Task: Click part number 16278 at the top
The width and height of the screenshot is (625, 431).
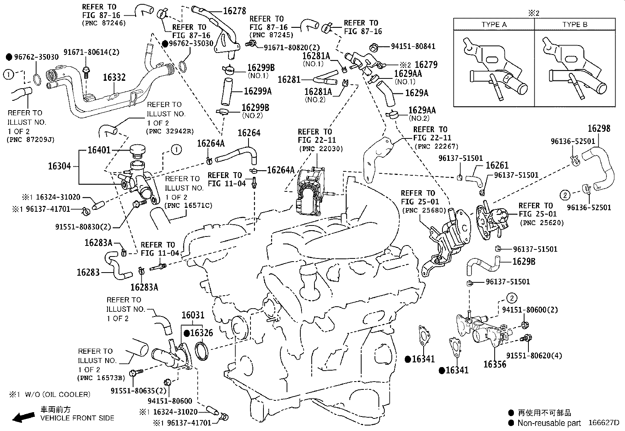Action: pos(234,11)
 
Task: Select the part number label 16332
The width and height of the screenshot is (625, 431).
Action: pos(114,78)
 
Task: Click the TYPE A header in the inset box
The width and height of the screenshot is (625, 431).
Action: pos(494,25)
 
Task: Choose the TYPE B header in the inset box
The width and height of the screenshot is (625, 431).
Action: pos(574,25)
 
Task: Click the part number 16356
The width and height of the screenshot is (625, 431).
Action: pos(495,364)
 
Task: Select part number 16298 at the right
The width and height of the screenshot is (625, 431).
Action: pos(599,129)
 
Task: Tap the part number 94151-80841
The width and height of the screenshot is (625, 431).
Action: pos(413,46)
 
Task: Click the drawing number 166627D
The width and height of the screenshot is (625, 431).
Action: pos(603,423)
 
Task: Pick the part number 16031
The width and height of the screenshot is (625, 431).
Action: pos(193,315)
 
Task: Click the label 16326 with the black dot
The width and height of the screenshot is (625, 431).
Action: pos(201,333)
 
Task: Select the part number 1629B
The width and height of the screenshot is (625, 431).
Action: pos(524,262)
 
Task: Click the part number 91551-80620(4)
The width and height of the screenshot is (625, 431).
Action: pos(534,356)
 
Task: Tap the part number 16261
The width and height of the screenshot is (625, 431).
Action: pos(497,165)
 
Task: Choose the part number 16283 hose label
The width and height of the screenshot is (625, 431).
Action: pos(88,272)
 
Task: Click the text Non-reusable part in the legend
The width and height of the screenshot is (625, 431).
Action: pos(549,423)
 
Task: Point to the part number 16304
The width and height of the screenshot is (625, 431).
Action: pos(60,166)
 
